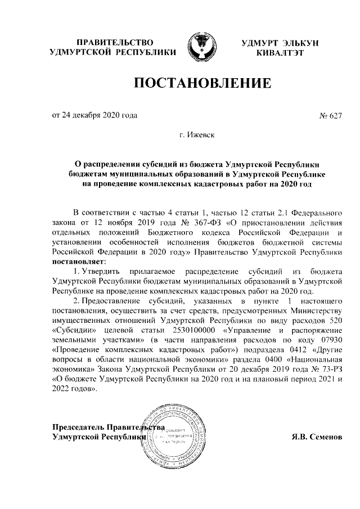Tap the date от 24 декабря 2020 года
94,116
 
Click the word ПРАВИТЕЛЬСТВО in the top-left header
114,43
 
